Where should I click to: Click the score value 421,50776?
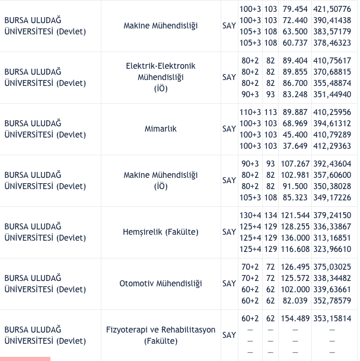(x=332, y=9)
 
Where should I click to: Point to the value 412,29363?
(x=332, y=146)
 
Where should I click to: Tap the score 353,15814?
(x=332, y=318)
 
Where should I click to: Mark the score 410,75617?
(x=332, y=60)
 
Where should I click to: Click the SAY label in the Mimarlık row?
(x=229, y=129)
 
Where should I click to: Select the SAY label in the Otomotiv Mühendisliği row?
(x=229, y=283)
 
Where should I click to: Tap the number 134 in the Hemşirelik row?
(x=270, y=215)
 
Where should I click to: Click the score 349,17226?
(x=332, y=197)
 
